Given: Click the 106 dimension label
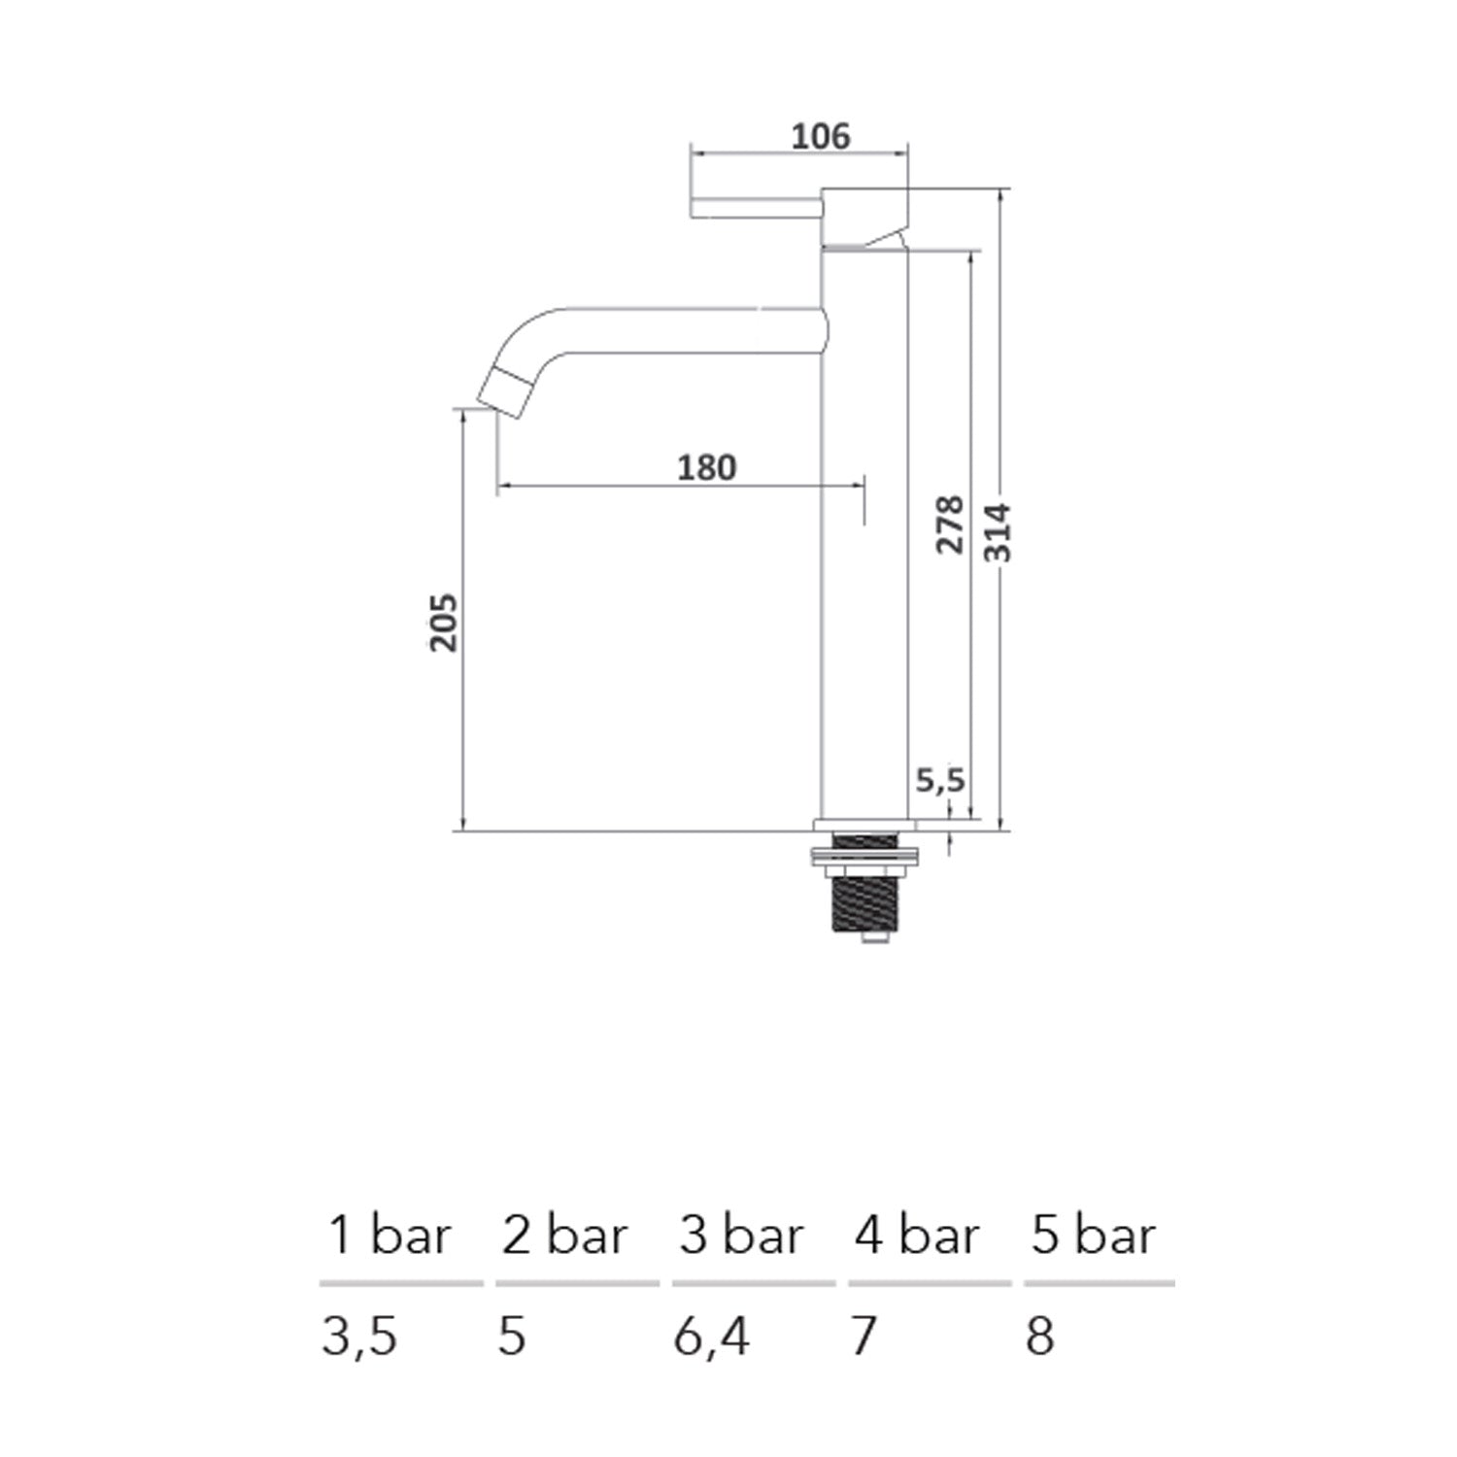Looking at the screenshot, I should tap(820, 137).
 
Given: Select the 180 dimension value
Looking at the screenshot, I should tap(706, 468).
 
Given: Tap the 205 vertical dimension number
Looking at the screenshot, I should tap(443, 622).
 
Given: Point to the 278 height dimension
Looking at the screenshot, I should tap(949, 525).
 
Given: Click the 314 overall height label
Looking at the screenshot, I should tap(998, 532).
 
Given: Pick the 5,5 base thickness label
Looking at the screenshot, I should tap(939, 779).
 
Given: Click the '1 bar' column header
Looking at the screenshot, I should tap(390, 1236).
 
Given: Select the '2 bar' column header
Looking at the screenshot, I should tap(564, 1236).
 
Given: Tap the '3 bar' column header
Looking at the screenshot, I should tap(741, 1236).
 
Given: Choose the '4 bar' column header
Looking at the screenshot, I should tap(916, 1236).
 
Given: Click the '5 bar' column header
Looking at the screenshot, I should tap(1093, 1236).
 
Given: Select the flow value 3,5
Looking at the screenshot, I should tap(358, 1338).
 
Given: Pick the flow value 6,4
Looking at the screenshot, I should tap(711, 1338).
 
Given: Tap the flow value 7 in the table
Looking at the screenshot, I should tap(864, 1337).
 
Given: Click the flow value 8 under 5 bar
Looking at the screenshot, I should tap(1039, 1337).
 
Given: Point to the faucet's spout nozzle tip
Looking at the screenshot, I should tap(501, 390).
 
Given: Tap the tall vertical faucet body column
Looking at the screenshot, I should tap(864, 583).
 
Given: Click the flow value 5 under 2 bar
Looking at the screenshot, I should tap(512, 1337).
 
